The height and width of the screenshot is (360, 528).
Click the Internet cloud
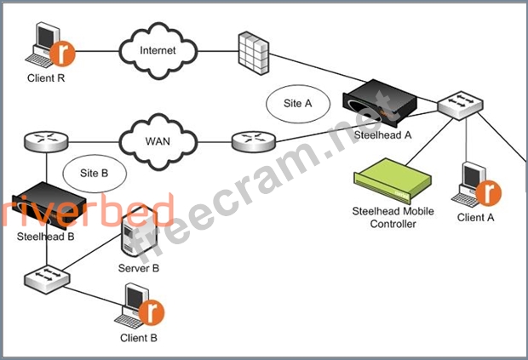point(158,51)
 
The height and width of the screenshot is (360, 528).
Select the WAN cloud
point(158,141)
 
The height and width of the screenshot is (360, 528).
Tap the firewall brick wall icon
point(254,53)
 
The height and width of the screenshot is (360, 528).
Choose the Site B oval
point(95,174)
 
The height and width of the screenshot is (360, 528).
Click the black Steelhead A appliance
point(380,102)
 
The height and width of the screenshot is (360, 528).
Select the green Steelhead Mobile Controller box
point(393,180)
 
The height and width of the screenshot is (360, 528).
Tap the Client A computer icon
point(476,184)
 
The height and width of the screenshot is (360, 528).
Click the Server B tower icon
point(139,233)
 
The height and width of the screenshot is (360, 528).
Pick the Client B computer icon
point(140,306)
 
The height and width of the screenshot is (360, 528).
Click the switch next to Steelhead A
point(460,105)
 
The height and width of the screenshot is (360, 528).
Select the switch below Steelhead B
point(47,280)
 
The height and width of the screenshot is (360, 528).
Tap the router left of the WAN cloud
point(46,141)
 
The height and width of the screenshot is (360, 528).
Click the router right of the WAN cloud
point(254,141)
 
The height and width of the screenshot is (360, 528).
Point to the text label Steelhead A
point(383,135)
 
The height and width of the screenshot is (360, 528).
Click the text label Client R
point(46,78)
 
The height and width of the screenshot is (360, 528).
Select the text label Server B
point(139,268)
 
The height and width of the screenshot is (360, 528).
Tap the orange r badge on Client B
point(152,313)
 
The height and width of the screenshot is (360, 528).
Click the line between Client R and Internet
point(97,51)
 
